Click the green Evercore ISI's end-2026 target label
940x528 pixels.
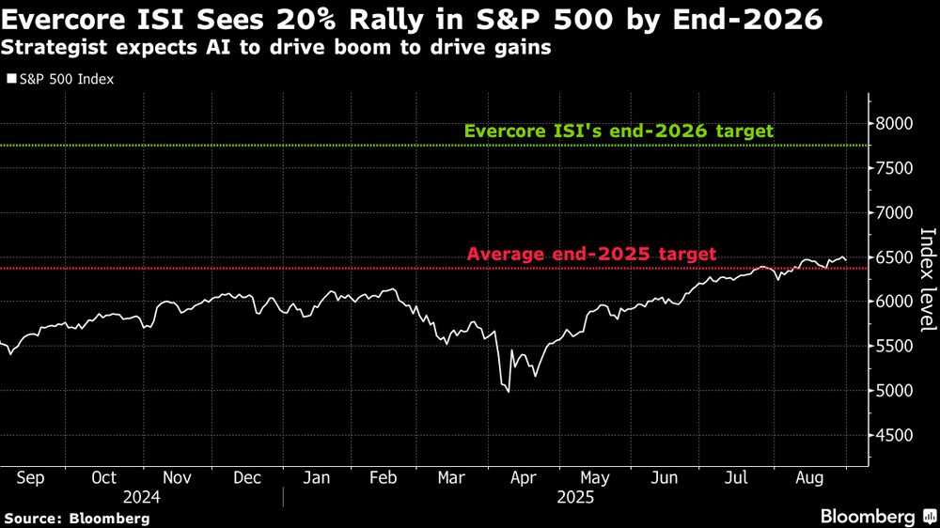[x=619, y=132]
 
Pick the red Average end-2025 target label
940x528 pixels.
[x=591, y=254]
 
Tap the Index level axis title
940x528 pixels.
[x=926, y=280]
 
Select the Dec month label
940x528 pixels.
[x=246, y=477]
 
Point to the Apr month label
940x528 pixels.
[x=522, y=477]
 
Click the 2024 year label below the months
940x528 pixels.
[x=140, y=497]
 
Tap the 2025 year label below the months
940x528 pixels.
[x=574, y=497]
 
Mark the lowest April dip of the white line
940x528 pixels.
[x=509, y=392]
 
